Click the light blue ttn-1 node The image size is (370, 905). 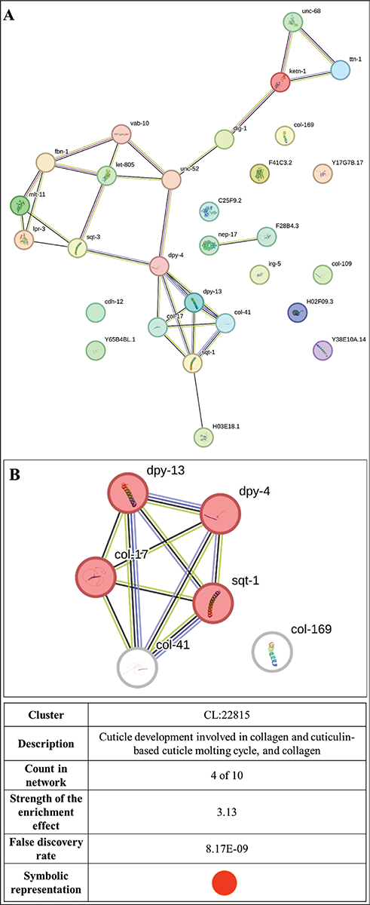click(x=340, y=70)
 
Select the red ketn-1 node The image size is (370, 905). click(x=280, y=82)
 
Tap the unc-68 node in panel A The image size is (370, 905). click(x=292, y=22)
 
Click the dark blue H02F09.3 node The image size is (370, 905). click(x=298, y=312)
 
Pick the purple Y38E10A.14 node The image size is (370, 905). click(x=323, y=350)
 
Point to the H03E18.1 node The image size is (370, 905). click(x=203, y=437)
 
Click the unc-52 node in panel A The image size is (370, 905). click(x=171, y=179)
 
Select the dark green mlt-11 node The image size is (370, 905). click(x=20, y=205)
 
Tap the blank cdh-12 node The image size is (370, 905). click(x=96, y=312)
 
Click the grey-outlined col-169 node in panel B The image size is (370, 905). click(x=272, y=652)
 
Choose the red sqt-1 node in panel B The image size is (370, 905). click(x=213, y=603)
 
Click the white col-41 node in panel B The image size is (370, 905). click(x=137, y=667)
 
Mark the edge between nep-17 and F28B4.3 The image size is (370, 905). click(x=238, y=241)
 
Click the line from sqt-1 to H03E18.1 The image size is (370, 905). click(x=197, y=399)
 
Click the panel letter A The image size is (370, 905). click(x=9, y=16)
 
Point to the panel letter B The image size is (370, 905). click(x=14, y=474)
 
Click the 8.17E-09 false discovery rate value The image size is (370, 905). click(x=227, y=848)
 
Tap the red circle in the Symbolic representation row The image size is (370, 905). click(x=225, y=883)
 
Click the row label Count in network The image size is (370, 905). click(x=46, y=775)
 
